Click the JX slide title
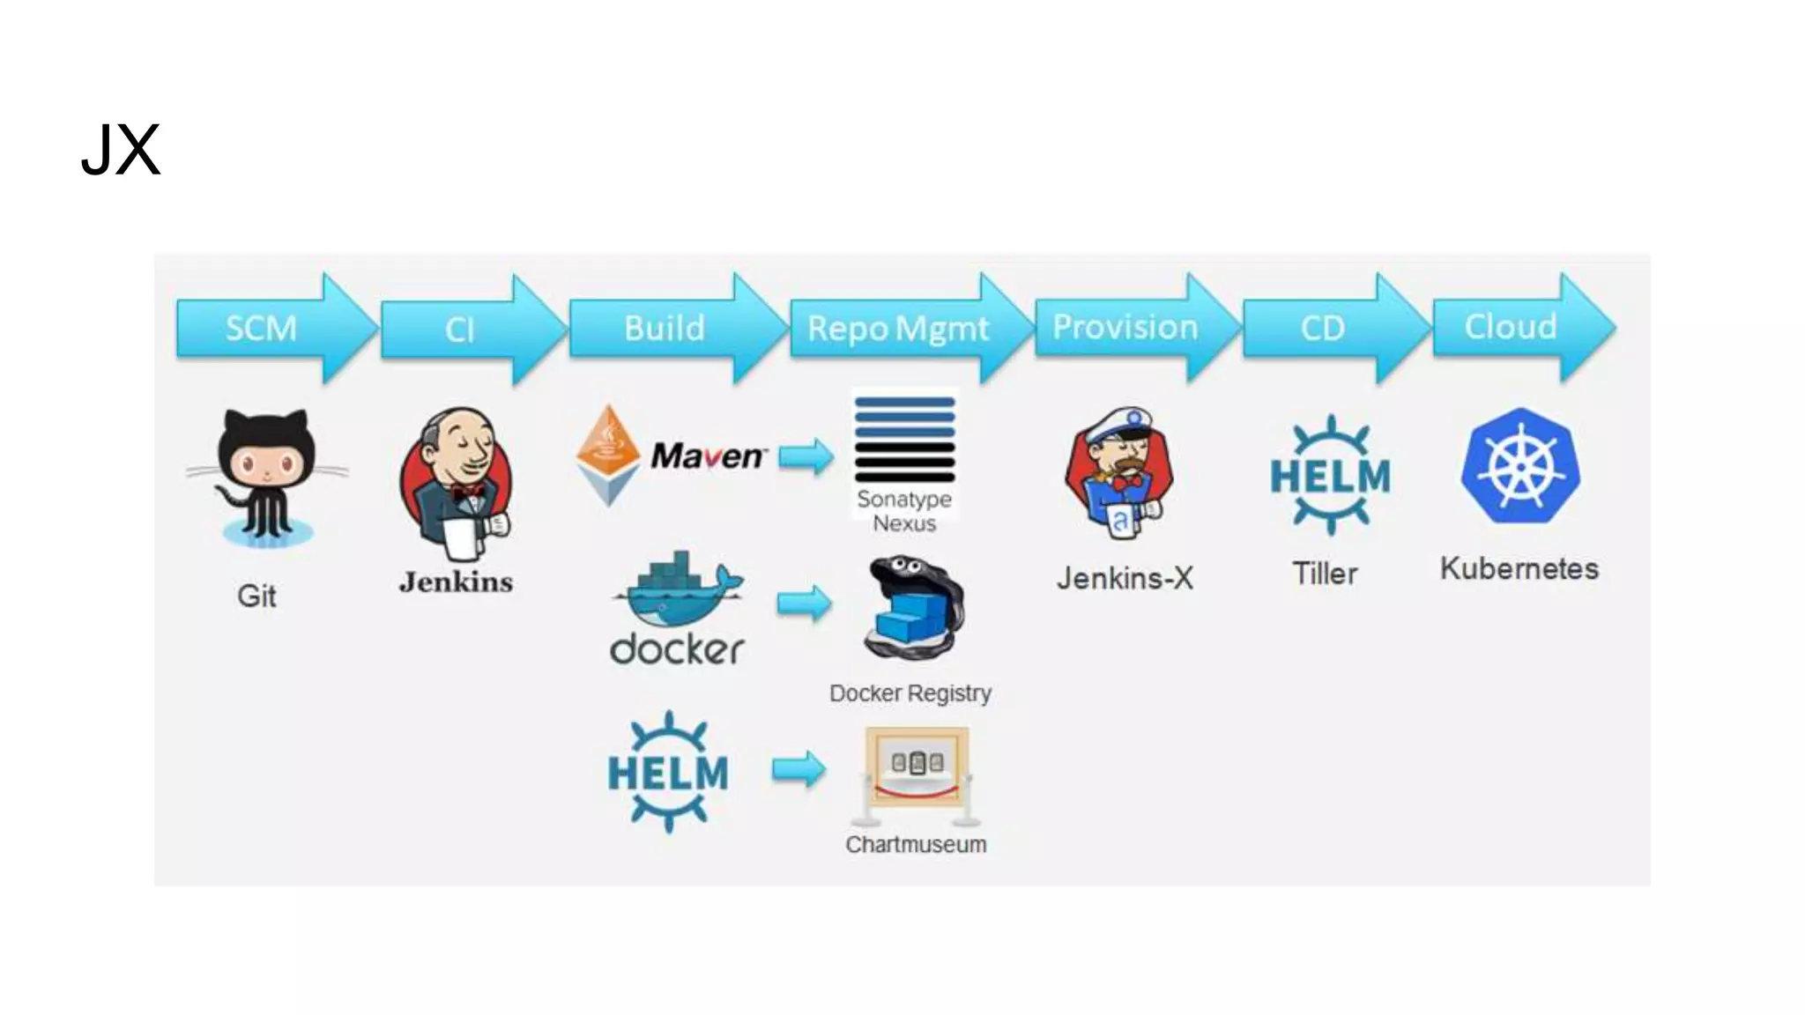(x=121, y=151)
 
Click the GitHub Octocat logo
(x=265, y=476)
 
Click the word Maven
(x=708, y=456)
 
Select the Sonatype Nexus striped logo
(x=904, y=439)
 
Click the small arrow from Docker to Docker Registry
(x=804, y=604)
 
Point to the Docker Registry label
(x=910, y=693)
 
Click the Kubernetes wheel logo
(x=1520, y=466)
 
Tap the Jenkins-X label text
(x=1125, y=579)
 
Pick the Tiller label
(x=1325, y=574)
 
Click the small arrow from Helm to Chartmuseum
(x=799, y=769)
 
